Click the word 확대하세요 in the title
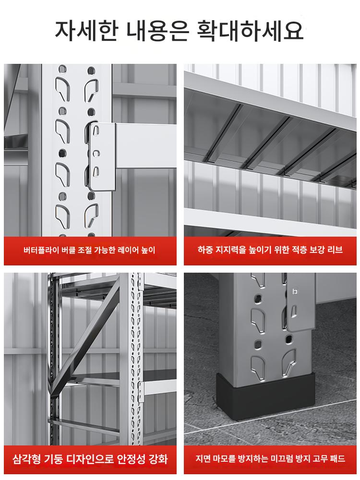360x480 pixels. tap(250, 31)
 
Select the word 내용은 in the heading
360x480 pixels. tap(157, 31)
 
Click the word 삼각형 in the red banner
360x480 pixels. tap(26, 459)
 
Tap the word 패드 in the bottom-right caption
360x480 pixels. tap(338, 458)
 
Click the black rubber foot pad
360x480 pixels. tap(265, 396)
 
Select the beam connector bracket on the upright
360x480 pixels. tap(102, 156)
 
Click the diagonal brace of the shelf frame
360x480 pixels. tap(85, 337)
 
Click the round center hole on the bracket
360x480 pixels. tap(96, 152)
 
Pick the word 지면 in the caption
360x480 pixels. tap(203, 458)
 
